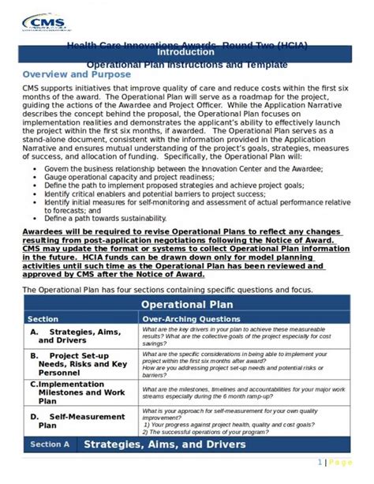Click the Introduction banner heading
[186, 51]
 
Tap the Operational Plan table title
[185, 304]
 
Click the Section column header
[43, 319]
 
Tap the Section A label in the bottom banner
[50, 445]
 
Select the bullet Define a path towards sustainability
[103, 218]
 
